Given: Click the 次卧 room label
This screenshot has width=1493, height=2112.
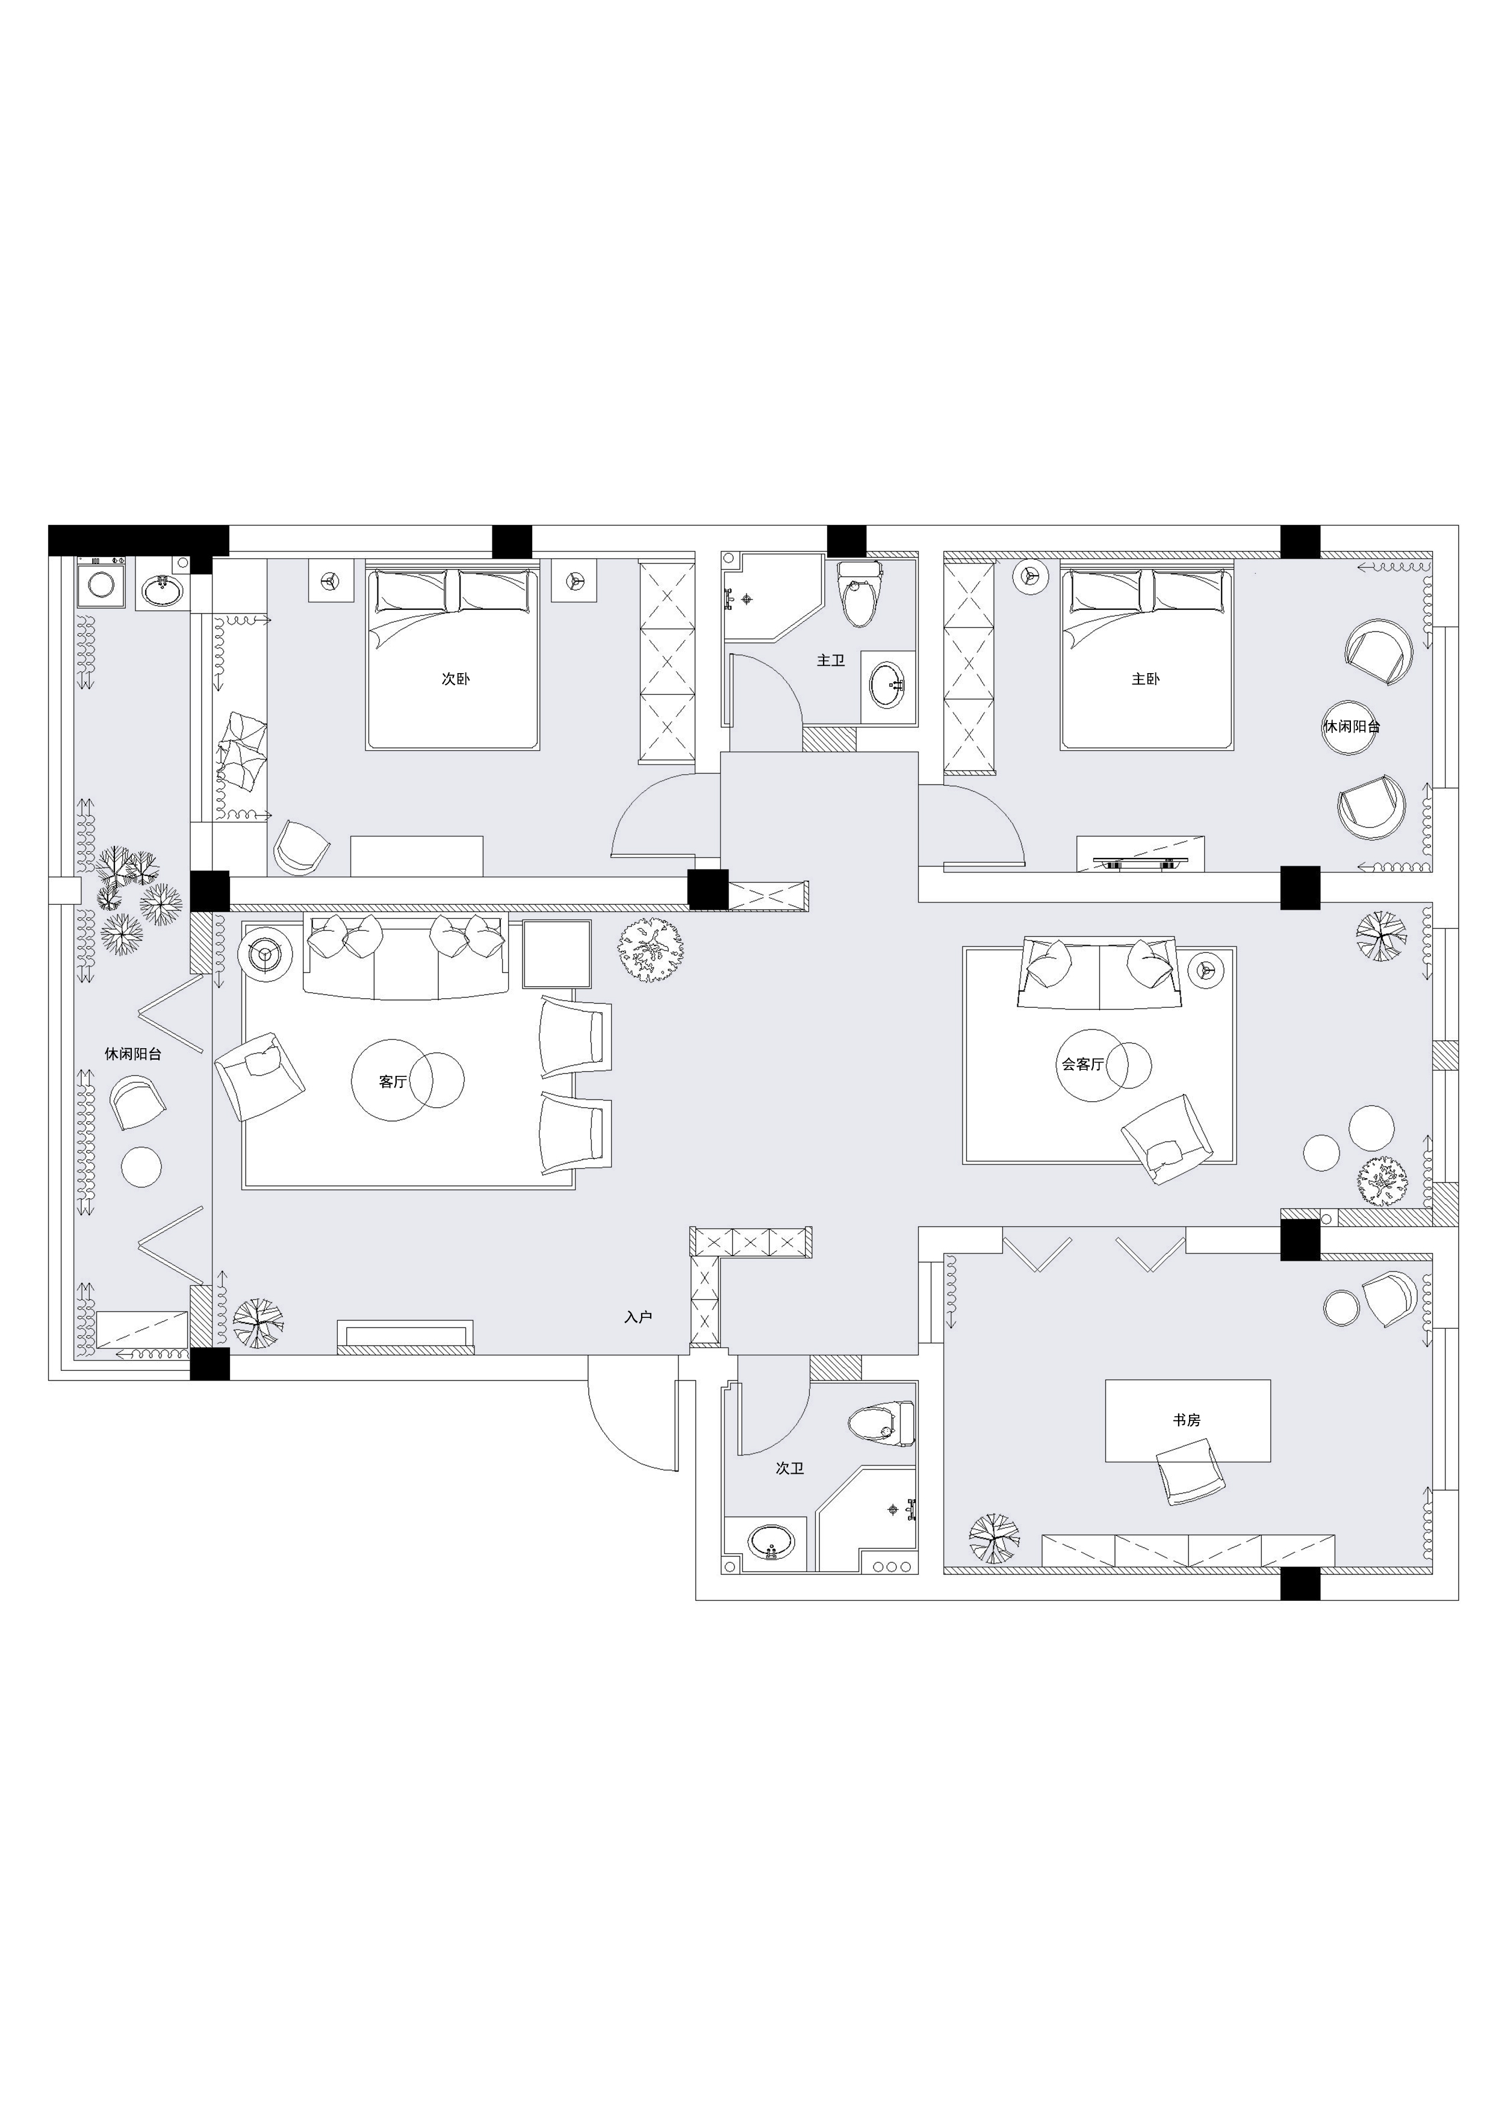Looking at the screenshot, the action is pyautogui.click(x=455, y=679).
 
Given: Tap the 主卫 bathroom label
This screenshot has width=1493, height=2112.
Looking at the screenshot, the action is pyautogui.click(x=831, y=660).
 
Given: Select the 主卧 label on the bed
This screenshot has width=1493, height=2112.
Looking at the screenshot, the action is pyautogui.click(x=1145, y=679).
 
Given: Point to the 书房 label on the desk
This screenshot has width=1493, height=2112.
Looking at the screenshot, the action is pyautogui.click(x=1187, y=1420).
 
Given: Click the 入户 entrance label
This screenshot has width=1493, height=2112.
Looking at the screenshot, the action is pyautogui.click(x=638, y=1317).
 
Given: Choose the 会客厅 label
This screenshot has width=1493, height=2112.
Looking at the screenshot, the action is pyautogui.click(x=1082, y=1064).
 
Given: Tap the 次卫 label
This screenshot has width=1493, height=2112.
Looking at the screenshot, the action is pyautogui.click(x=790, y=1468).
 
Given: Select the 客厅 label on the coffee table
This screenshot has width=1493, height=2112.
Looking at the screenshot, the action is pyautogui.click(x=393, y=1082).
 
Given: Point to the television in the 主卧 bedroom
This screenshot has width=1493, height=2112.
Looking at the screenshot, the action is pyautogui.click(x=1141, y=862).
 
